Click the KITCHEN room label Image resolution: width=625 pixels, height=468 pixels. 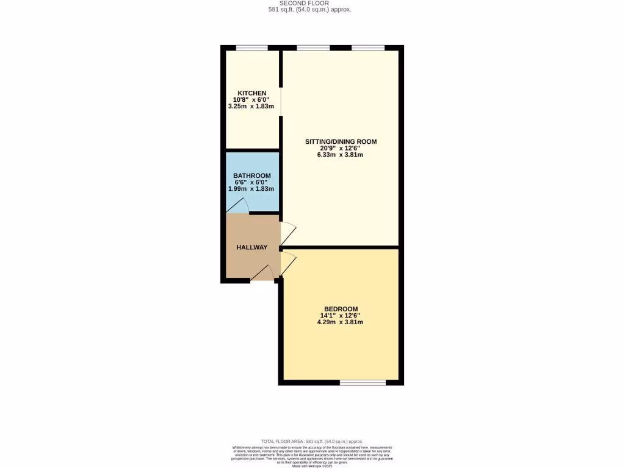(x=252, y=93)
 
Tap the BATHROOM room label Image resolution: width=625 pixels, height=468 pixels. (x=252, y=175)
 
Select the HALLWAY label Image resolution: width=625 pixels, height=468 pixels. (x=252, y=247)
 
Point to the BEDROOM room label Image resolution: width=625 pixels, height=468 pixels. (x=340, y=309)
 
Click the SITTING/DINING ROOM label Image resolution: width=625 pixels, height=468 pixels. (x=341, y=141)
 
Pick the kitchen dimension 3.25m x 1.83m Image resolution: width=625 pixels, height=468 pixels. (x=251, y=107)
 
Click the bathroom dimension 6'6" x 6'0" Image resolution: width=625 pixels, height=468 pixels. (x=251, y=182)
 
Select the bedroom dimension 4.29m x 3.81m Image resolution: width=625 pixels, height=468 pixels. (x=340, y=322)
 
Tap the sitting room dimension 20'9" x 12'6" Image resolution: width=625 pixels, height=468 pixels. (x=340, y=148)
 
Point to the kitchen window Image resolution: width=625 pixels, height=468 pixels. (x=251, y=48)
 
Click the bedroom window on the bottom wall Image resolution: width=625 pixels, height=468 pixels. (x=363, y=383)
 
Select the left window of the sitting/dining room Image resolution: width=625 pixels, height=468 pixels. (x=313, y=48)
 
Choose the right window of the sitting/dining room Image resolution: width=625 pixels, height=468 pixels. (x=368, y=48)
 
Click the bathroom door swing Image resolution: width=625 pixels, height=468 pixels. (x=239, y=207)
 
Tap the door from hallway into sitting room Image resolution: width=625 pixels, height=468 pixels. (x=287, y=234)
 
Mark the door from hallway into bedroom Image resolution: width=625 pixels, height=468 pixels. (x=287, y=263)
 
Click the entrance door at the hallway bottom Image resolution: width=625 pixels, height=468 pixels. (x=263, y=274)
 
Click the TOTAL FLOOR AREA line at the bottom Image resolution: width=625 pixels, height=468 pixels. (x=312, y=441)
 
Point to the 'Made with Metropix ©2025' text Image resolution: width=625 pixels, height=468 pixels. (x=312, y=466)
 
